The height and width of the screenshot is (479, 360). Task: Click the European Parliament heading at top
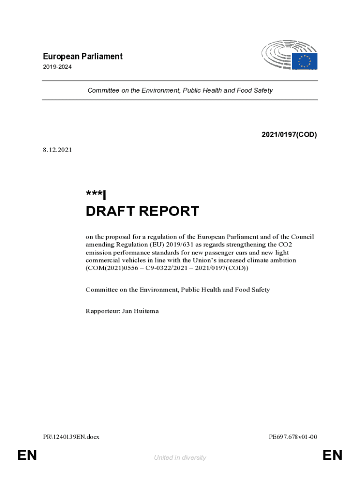click(82, 57)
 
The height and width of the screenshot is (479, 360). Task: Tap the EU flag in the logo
click(305, 61)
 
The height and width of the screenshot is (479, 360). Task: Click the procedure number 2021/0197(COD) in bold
click(289, 135)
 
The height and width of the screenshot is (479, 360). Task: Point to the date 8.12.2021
click(57, 150)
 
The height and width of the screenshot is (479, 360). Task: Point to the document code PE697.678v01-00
click(293, 437)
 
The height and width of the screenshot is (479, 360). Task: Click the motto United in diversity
click(180, 458)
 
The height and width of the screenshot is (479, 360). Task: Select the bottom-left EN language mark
click(27, 455)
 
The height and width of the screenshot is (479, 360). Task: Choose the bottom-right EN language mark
click(332, 455)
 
